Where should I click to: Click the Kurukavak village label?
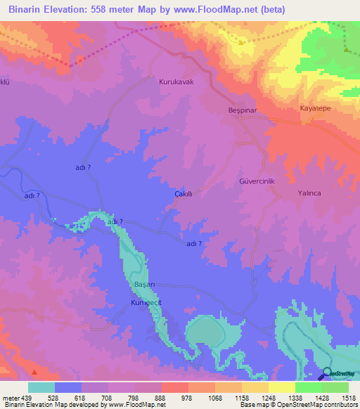(x=176, y=82)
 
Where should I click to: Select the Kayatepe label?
(x=315, y=110)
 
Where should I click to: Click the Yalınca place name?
(x=309, y=193)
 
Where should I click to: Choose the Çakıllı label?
(x=184, y=193)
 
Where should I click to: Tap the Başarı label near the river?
(x=143, y=284)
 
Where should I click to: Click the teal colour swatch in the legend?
(x=41, y=387)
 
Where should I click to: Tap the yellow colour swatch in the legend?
(x=281, y=387)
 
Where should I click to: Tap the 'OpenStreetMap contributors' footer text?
(x=315, y=405)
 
